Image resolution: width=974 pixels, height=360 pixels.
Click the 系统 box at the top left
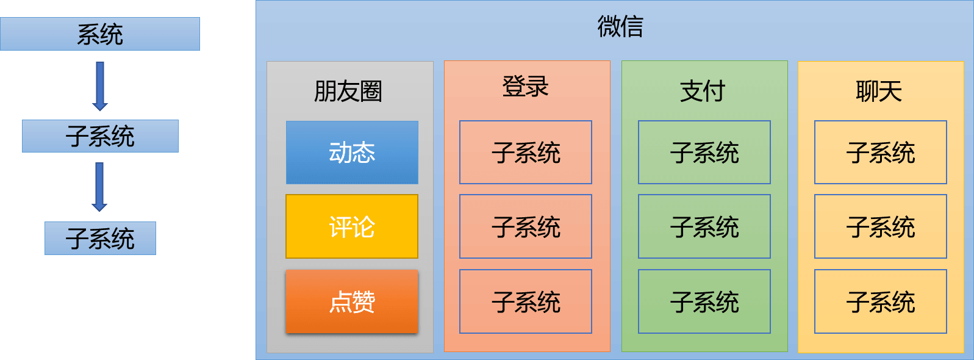click(100, 34)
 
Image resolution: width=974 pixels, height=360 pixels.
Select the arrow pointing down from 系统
click(100, 86)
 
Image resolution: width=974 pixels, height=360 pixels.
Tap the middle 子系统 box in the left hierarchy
click(100, 136)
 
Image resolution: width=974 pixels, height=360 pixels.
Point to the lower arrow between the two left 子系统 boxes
click(99, 187)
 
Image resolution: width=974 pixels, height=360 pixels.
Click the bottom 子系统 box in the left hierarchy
click(100, 238)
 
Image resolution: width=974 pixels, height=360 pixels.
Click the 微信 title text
click(620, 26)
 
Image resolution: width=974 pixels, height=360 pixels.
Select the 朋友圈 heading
click(348, 92)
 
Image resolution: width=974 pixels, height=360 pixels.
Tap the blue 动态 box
click(352, 153)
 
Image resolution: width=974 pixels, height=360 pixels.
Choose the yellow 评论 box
click(352, 226)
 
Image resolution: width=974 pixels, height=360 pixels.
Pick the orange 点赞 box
click(352, 301)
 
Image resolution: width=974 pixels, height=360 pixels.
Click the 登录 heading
click(525, 86)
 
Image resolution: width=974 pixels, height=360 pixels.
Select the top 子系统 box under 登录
click(526, 152)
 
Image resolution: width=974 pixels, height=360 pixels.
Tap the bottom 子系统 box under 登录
click(526, 301)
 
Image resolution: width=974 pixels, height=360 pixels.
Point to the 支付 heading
click(703, 92)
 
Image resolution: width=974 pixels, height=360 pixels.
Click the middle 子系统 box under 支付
click(704, 226)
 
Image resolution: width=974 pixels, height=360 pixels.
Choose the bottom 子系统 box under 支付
click(704, 301)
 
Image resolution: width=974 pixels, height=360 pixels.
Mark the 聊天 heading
click(879, 92)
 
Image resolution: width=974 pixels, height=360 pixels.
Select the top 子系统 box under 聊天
click(881, 152)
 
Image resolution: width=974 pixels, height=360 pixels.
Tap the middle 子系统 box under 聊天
click(881, 226)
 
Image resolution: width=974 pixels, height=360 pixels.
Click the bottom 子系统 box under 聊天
click(881, 301)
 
